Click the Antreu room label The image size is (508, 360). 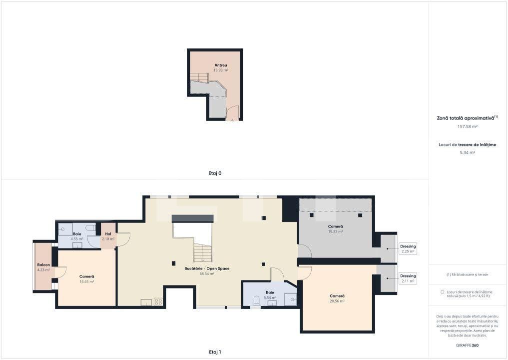pyautogui.click(x=221, y=65)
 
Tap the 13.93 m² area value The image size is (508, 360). pyautogui.click(x=221, y=70)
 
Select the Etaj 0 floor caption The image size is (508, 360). pyautogui.click(x=215, y=173)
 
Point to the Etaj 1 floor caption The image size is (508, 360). pyautogui.click(x=215, y=352)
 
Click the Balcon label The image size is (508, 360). pyautogui.click(x=43, y=265)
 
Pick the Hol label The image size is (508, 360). pyautogui.click(x=108, y=234)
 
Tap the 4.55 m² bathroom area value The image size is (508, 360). pyautogui.click(x=77, y=239)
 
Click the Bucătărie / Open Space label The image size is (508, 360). pyautogui.click(x=207, y=268)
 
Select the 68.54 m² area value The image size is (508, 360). pyautogui.click(x=207, y=274)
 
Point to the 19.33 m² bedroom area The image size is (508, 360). pyautogui.click(x=336, y=231)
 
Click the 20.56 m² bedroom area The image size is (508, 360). pyautogui.click(x=337, y=301)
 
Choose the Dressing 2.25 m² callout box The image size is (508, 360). pyautogui.click(x=408, y=248)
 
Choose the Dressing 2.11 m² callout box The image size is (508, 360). pyautogui.click(x=408, y=278)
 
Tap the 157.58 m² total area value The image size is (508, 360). pyautogui.click(x=467, y=126)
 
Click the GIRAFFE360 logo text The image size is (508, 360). pyautogui.click(x=467, y=345)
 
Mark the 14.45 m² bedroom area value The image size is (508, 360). pyautogui.click(x=87, y=281)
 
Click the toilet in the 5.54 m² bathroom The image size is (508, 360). pyautogui.click(x=256, y=300)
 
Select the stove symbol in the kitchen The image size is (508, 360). pyautogui.click(x=158, y=301)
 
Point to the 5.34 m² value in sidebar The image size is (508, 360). pyautogui.click(x=467, y=152)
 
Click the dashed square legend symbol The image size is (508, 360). pyautogui.click(x=443, y=292)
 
